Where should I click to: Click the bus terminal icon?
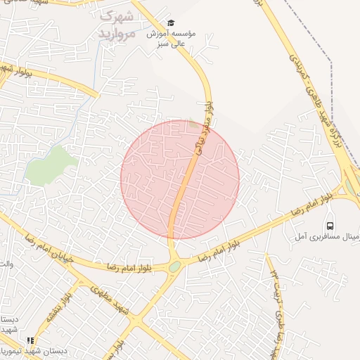tap(331, 226)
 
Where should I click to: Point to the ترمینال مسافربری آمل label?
tap(330, 240)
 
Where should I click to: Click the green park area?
tap(52, 165)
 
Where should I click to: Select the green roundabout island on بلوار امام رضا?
tap(174, 266)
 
